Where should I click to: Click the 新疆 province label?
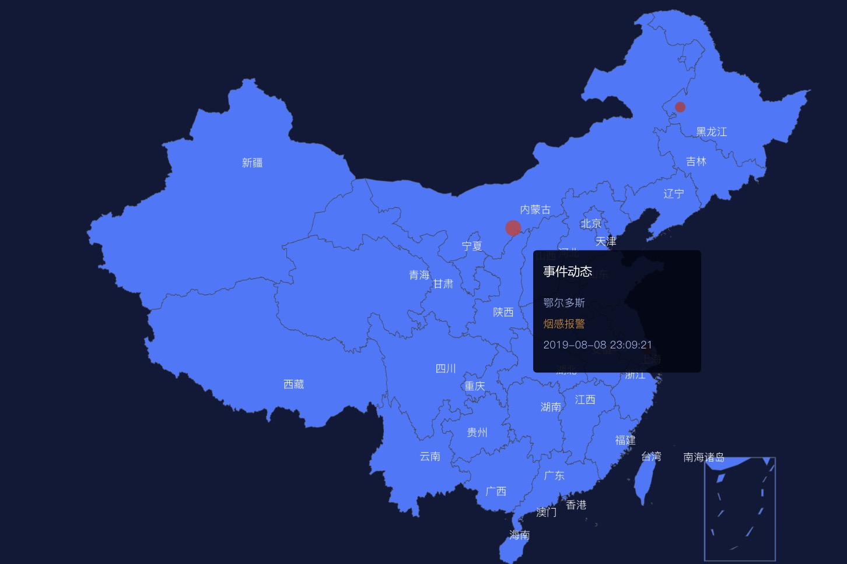pos(252,163)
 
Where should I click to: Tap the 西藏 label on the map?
pos(293,384)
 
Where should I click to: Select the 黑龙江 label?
pos(711,132)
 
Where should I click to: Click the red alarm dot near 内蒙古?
pos(513,228)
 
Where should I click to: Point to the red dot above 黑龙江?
pos(680,107)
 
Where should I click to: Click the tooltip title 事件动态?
pos(567,272)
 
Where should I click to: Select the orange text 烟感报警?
pos(563,324)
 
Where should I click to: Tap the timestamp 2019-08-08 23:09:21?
pos(597,345)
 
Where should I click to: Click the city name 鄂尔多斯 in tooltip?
pos(563,303)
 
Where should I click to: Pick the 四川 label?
pos(446,368)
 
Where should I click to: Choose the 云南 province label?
pos(430,456)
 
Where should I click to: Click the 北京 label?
pos(590,224)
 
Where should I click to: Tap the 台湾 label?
pos(651,457)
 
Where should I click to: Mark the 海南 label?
pos(519,535)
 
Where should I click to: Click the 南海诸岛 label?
pos(703,457)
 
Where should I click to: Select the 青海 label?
pos(419,275)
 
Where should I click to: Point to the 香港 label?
pos(576,505)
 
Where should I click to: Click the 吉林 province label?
pos(696,161)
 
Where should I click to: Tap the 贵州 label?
pos(477,432)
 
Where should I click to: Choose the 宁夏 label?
pos(472,246)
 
